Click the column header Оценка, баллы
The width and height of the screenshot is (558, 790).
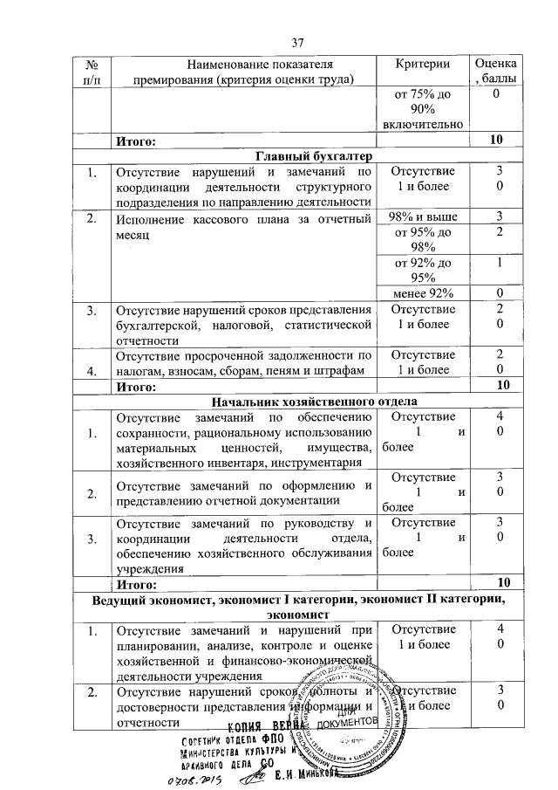pos(497,71)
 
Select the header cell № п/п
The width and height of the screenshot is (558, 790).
pos(91,71)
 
